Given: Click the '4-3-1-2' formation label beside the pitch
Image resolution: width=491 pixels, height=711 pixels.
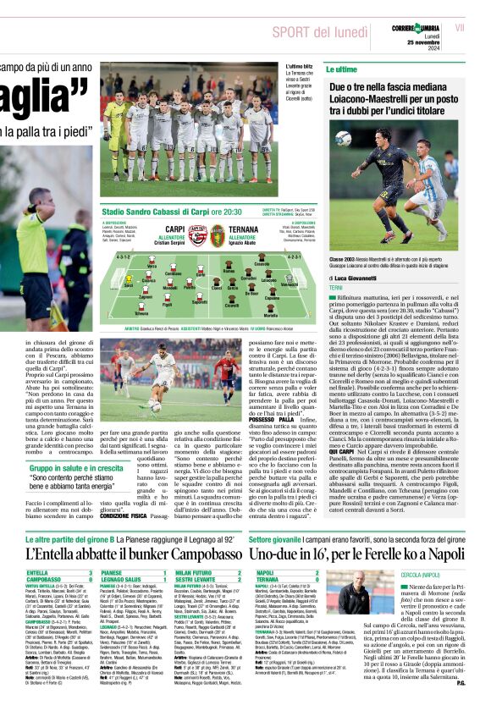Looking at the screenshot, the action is coord(124,256).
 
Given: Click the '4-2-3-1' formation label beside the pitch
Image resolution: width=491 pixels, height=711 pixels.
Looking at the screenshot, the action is coord(295,256).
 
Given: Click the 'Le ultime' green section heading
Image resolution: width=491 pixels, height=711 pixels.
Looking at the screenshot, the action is coord(341,69).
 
